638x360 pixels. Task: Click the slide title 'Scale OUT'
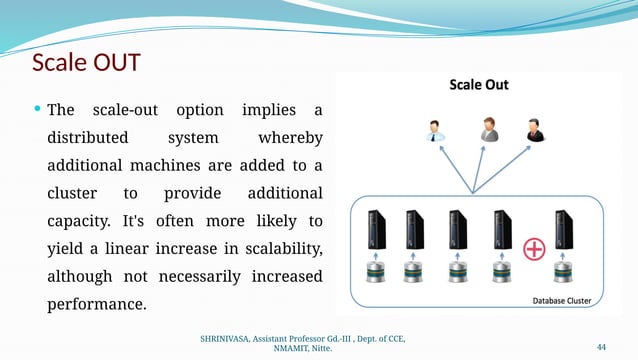tap(86, 62)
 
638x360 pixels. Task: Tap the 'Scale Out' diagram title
tap(476, 85)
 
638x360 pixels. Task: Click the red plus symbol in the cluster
tap(534, 249)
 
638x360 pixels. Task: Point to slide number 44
tap(601, 346)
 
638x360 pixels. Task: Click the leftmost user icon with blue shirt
tap(436, 131)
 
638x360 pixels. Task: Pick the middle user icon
tap(489, 129)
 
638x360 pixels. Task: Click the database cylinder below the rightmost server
tap(565, 271)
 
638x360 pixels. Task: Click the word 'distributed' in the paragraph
tap(86, 138)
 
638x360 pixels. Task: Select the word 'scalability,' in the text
tap(274, 248)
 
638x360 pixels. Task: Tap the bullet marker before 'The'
tap(38, 109)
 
